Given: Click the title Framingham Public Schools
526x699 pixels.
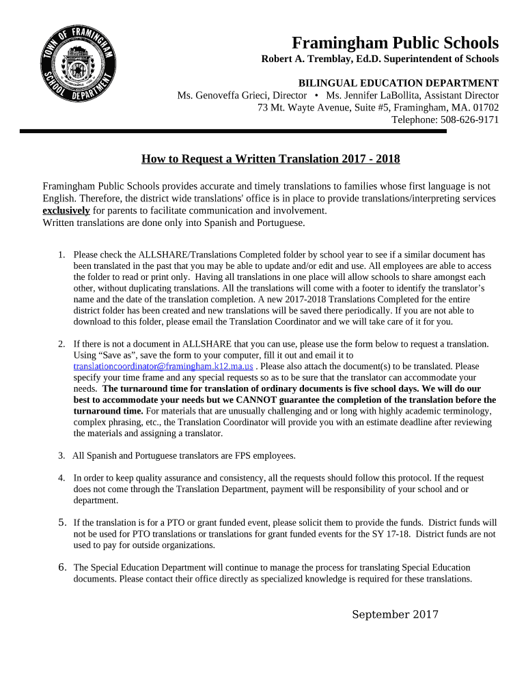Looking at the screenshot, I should (x=395, y=42).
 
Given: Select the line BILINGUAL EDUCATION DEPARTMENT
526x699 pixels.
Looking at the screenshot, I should (x=398, y=83).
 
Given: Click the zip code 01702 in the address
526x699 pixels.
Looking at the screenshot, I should (x=486, y=108).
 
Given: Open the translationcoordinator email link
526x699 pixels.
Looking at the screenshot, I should (x=163, y=367).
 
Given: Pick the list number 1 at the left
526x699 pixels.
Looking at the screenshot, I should (x=61, y=255).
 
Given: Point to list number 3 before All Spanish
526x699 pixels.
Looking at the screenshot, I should (x=61, y=455).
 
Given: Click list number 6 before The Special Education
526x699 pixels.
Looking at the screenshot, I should (x=62, y=567).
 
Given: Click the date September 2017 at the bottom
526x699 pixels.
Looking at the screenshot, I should (x=395, y=614).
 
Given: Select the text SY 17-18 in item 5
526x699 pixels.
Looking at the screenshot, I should (x=397, y=534).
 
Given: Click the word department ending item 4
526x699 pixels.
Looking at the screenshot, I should (x=96, y=500).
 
